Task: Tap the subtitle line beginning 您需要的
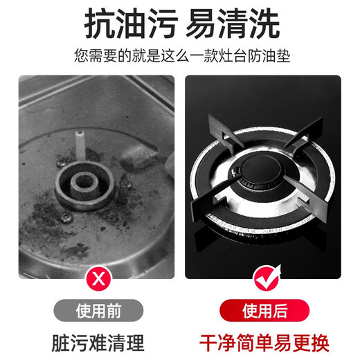(x=179, y=56)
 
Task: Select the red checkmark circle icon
(x=263, y=280)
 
